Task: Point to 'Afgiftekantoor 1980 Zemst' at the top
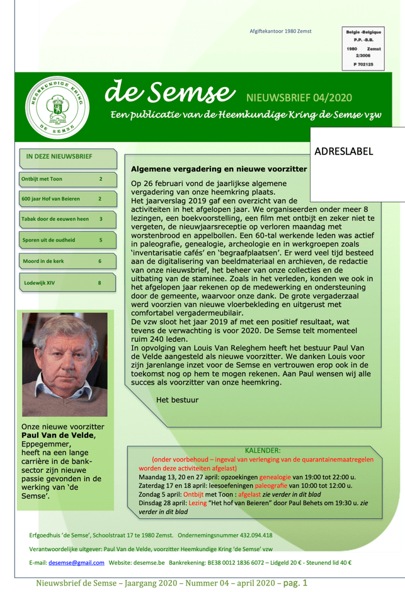280,31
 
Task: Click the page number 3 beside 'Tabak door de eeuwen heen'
101,219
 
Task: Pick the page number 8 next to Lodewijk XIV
100,282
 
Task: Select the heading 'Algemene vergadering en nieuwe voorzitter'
218,169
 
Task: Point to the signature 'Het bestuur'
177,400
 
